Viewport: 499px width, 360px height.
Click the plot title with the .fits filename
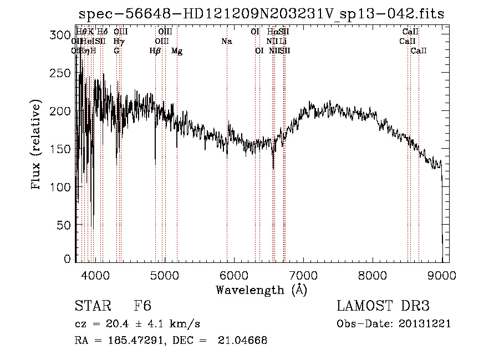pos(261,14)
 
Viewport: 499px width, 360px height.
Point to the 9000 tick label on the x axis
pos(442,275)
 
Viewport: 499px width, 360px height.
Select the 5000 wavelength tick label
pos(165,275)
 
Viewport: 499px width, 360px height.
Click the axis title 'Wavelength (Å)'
pos(261,290)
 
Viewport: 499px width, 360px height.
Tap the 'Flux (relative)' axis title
pos(37,145)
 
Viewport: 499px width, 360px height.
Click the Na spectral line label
pos(226,41)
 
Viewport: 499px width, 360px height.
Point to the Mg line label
pos(177,51)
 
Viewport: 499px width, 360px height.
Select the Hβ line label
pos(155,50)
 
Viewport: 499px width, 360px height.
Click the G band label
pos(116,50)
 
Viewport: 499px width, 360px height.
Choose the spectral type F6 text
pos(142,307)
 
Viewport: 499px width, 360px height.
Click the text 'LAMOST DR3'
pos(383,307)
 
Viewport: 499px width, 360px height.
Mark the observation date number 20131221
pos(425,324)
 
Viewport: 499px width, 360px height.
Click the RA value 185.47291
pos(124,341)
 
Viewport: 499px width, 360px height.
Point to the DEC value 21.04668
pos(242,341)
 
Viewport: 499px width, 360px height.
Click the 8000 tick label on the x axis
pos(373,275)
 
